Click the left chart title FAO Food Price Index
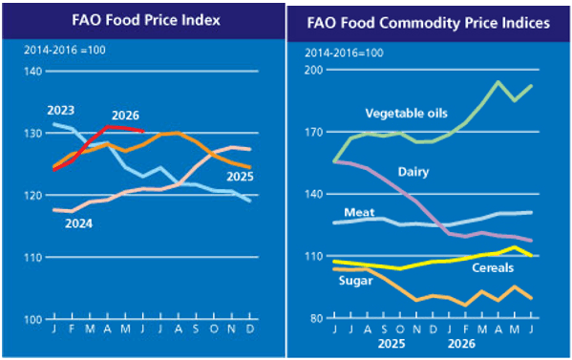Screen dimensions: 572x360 [x=146, y=20]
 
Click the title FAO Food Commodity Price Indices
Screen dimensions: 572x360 [x=428, y=23]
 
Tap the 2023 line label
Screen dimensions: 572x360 [x=61, y=110]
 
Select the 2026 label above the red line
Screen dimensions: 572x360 [x=125, y=116]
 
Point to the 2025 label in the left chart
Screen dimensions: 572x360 [x=240, y=177]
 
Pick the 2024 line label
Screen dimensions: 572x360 [x=79, y=223]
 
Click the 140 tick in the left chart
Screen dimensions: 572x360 [x=33, y=71]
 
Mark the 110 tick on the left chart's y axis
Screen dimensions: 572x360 [x=33, y=258]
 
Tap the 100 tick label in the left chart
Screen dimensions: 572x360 [x=33, y=320]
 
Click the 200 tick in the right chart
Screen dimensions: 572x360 [x=314, y=70]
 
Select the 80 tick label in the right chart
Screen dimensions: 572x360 [x=317, y=318]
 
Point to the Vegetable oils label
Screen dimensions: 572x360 [x=407, y=114]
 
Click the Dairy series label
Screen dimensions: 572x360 [x=413, y=172]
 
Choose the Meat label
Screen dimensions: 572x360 [x=359, y=212]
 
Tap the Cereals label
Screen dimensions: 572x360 [x=493, y=268]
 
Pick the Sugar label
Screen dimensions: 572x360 [x=355, y=281]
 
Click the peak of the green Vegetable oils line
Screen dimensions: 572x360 [x=498, y=81]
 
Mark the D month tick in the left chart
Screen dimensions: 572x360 [x=250, y=329]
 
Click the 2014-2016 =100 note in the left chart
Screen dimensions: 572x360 [x=65, y=50]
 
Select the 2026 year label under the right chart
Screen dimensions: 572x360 [x=462, y=344]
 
